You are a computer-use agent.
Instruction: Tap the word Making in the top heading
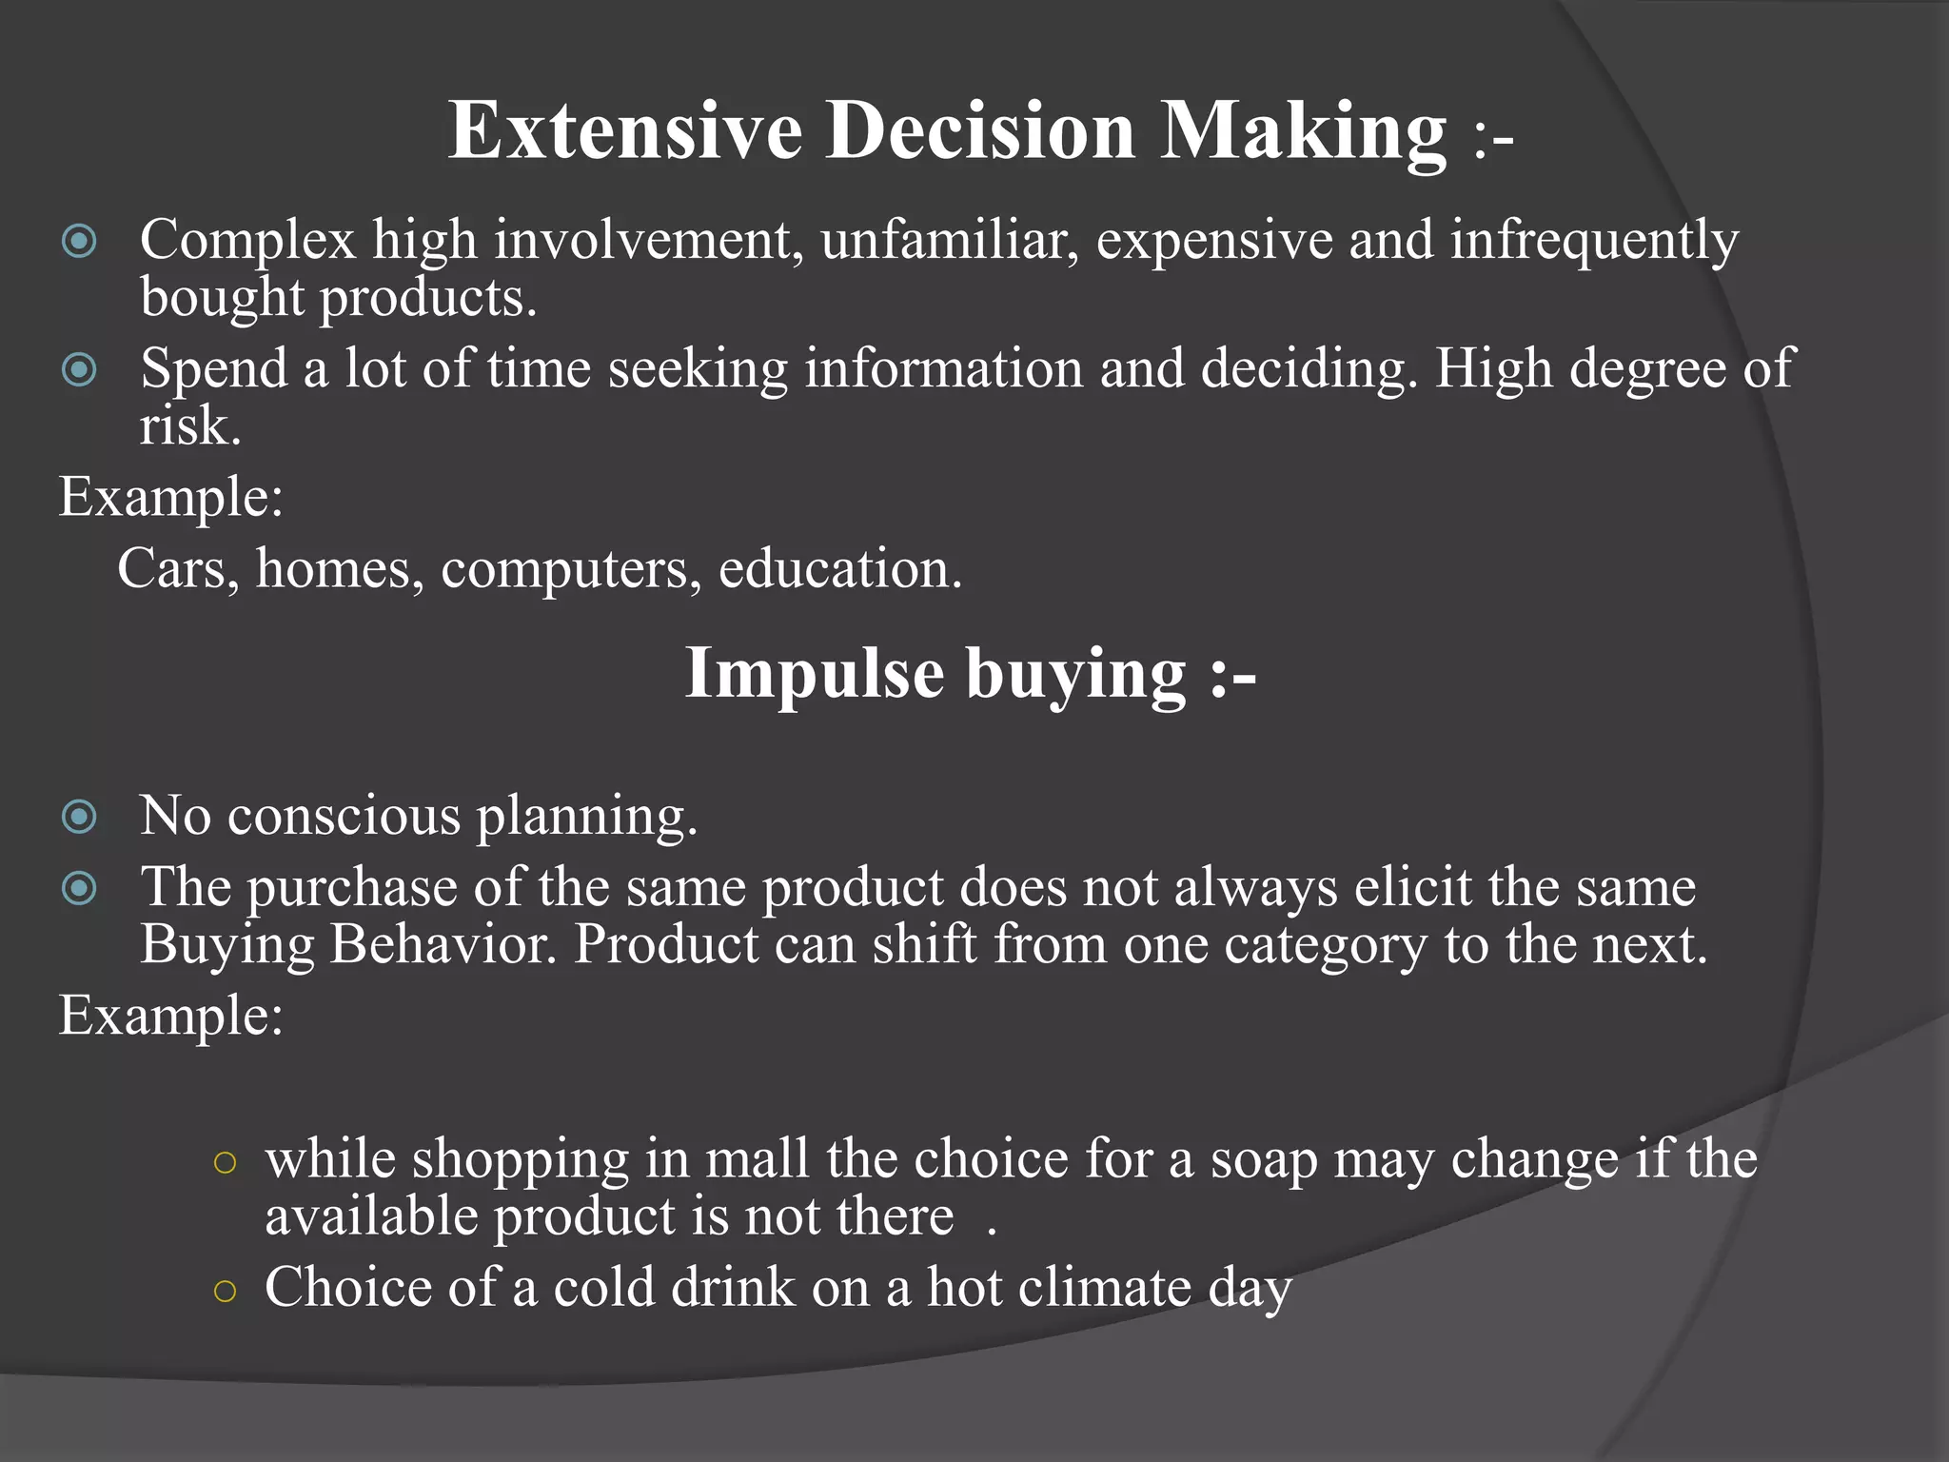point(1303,130)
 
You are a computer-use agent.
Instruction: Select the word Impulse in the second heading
point(814,674)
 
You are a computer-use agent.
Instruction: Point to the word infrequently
point(1594,239)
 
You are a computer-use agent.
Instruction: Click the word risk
point(188,425)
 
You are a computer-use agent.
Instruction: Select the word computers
point(571,568)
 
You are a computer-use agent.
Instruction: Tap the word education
point(839,568)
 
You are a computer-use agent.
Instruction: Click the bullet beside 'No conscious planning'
point(79,817)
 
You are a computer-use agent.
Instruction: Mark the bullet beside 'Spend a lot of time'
point(79,369)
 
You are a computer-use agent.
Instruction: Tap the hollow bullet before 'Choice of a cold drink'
point(225,1291)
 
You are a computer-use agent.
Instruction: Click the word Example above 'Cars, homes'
point(170,497)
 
